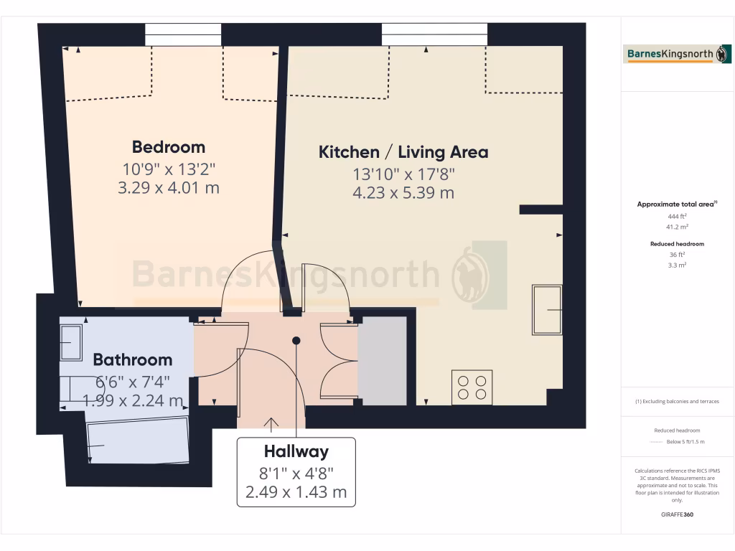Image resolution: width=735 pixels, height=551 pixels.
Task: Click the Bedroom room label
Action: pos(168,147)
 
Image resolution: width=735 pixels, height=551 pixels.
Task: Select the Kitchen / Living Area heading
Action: pos(403,152)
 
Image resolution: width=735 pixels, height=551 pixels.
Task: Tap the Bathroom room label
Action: pos(133,359)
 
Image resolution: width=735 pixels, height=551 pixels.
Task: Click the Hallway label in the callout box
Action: pos(296,451)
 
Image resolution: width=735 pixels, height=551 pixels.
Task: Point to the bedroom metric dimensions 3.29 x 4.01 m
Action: pos(168,188)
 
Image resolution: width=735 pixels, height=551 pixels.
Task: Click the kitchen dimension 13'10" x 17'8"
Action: pos(403,174)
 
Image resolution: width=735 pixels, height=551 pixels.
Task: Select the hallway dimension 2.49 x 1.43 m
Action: pos(296,492)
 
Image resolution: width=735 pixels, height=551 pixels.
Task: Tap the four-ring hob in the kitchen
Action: pos(472,387)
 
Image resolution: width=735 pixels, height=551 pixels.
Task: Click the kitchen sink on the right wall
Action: pos(546,309)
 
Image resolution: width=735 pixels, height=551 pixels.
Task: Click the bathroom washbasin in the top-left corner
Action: pos(71,342)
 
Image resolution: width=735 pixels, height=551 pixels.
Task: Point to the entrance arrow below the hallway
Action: pos(271,425)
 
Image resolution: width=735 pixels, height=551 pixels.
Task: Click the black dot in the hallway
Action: pos(296,341)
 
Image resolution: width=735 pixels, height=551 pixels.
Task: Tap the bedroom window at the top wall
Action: pos(183,34)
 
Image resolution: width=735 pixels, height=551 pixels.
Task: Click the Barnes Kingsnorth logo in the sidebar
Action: pos(678,54)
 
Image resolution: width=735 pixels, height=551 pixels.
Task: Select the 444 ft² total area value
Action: pos(678,215)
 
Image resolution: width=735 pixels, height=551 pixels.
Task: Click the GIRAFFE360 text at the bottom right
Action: pos(678,514)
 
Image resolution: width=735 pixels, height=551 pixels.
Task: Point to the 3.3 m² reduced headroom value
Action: pos(678,265)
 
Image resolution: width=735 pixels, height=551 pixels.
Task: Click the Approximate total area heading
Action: pos(676,204)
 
